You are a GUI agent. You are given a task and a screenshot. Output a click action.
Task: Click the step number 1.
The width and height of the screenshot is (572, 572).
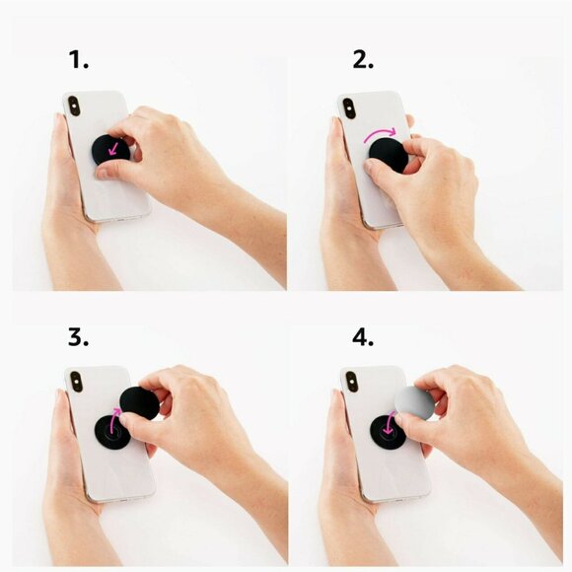tap(79, 59)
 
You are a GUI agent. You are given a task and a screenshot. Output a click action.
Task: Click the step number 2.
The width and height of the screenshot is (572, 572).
tap(363, 59)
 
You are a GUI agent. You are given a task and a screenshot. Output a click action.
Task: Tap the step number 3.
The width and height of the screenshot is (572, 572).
tap(78, 336)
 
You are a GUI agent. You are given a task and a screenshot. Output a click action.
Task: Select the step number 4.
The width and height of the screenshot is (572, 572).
tap(363, 336)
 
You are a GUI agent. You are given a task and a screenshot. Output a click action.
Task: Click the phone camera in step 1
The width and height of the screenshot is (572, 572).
tap(74, 107)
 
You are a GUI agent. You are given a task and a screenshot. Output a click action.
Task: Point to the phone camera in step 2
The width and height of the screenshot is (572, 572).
tap(349, 108)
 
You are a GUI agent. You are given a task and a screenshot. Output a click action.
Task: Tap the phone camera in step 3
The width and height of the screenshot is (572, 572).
tap(76, 382)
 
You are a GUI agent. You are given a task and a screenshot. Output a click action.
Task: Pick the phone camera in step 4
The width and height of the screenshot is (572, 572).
tap(352, 382)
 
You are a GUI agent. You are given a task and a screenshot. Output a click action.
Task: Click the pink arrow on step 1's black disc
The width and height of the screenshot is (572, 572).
tap(113, 149)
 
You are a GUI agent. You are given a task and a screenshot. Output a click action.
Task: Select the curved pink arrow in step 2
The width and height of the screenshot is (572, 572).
tap(380, 133)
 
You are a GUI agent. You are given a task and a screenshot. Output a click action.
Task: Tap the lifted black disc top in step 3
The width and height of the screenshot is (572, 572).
tap(139, 402)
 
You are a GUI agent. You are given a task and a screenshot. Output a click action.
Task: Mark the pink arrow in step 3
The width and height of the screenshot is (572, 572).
tap(115, 418)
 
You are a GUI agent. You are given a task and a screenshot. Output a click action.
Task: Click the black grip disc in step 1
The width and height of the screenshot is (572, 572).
tap(110, 150)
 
